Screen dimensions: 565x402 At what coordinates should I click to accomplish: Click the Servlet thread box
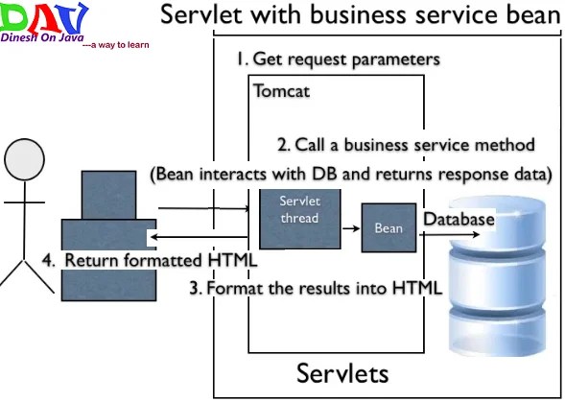pos(300,219)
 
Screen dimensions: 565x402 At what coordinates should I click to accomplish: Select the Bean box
pos(388,227)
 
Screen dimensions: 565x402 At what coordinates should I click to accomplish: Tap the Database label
pos(459,219)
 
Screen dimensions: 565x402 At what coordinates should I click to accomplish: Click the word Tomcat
pos(281,90)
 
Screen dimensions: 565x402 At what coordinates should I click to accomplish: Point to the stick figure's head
pos(25,159)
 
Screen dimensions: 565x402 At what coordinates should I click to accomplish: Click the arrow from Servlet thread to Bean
pos(351,228)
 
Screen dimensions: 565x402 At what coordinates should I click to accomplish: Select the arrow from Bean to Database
pos(449,235)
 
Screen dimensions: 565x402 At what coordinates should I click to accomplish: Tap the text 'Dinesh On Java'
pos(42,37)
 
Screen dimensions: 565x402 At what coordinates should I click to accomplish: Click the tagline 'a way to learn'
pos(116,45)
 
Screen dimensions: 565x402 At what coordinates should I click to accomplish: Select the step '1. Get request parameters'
pos(338,59)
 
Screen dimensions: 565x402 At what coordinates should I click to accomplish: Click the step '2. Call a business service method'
pos(406,145)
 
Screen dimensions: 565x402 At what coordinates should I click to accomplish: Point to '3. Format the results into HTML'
pos(316,288)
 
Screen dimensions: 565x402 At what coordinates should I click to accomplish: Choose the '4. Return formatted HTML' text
pos(150,260)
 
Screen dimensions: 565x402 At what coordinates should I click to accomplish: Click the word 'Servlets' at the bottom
pos(342,373)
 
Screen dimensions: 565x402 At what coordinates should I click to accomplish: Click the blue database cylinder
pos(497,276)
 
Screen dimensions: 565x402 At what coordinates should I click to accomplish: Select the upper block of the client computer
pos(108,195)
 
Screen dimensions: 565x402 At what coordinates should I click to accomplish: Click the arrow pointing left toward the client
pos(199,237)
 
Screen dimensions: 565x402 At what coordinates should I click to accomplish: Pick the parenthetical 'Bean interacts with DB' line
pos(351,175)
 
